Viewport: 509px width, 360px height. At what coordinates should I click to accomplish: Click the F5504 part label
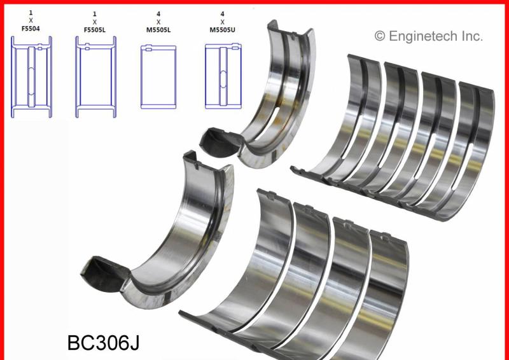pos(31,29)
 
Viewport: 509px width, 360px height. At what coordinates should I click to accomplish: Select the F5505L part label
pos(94,30)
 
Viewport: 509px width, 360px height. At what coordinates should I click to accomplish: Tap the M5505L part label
pos(158,30)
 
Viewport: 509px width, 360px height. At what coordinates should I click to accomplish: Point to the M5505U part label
pos(222,30)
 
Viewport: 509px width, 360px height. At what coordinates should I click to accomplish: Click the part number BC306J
pos(104,343)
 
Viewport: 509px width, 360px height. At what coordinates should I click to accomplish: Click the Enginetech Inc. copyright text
pos(428,36)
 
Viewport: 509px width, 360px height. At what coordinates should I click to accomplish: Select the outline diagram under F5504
pos(31,77)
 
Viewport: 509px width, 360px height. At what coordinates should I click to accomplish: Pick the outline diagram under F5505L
pos(96,77)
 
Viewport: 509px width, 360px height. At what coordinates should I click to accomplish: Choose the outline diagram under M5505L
pos(158,77)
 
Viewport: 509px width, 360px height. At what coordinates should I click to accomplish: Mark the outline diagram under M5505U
pos(223,76)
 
